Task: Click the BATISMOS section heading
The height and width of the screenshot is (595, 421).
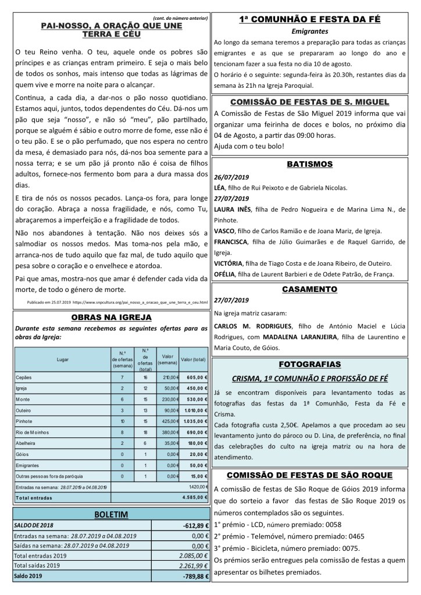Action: pyautogui.click(x=309, y=165)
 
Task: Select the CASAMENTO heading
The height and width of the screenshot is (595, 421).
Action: pyautogui.click(x=309, y=289)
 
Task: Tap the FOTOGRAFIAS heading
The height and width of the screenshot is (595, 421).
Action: pyautogui.click(x=309, y=364)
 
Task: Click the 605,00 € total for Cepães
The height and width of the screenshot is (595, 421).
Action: pyautogui.click(x=195, y=377)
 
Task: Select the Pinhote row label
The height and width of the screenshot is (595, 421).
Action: pyautogui.click(x=24, y=419)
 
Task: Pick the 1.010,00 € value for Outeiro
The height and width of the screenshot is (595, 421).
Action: pyautogui.click(x=194, y=409)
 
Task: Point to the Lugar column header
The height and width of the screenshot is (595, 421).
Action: pyautogui.click(x=62, y=360)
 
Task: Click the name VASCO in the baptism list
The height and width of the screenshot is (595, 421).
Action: pyautogui.click(x=224, y=231)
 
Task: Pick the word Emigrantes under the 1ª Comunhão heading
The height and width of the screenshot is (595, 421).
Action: pyautogui.click(x=309, y=31)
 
